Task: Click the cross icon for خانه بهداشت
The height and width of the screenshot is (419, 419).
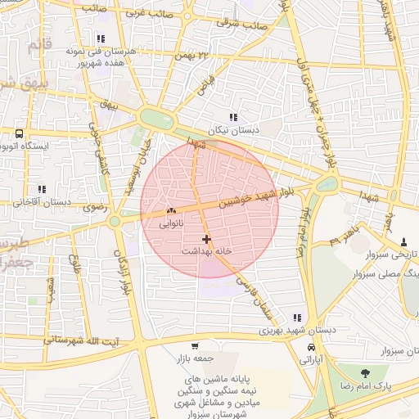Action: click(205, 240)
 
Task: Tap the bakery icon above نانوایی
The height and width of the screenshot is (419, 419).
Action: click(170, 210)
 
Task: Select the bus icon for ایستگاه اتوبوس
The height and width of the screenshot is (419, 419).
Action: click(19, 133)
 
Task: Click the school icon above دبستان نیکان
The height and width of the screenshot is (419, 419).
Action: click(233, 117)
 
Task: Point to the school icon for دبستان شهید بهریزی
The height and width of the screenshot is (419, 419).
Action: click(296, 318)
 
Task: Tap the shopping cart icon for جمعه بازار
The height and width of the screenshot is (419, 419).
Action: click(194, 346)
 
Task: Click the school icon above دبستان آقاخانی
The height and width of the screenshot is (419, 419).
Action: click(41, 189)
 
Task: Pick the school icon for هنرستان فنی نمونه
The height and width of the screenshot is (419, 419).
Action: click(101, 38)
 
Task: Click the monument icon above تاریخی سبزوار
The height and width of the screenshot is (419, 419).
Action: click(404, 242)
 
